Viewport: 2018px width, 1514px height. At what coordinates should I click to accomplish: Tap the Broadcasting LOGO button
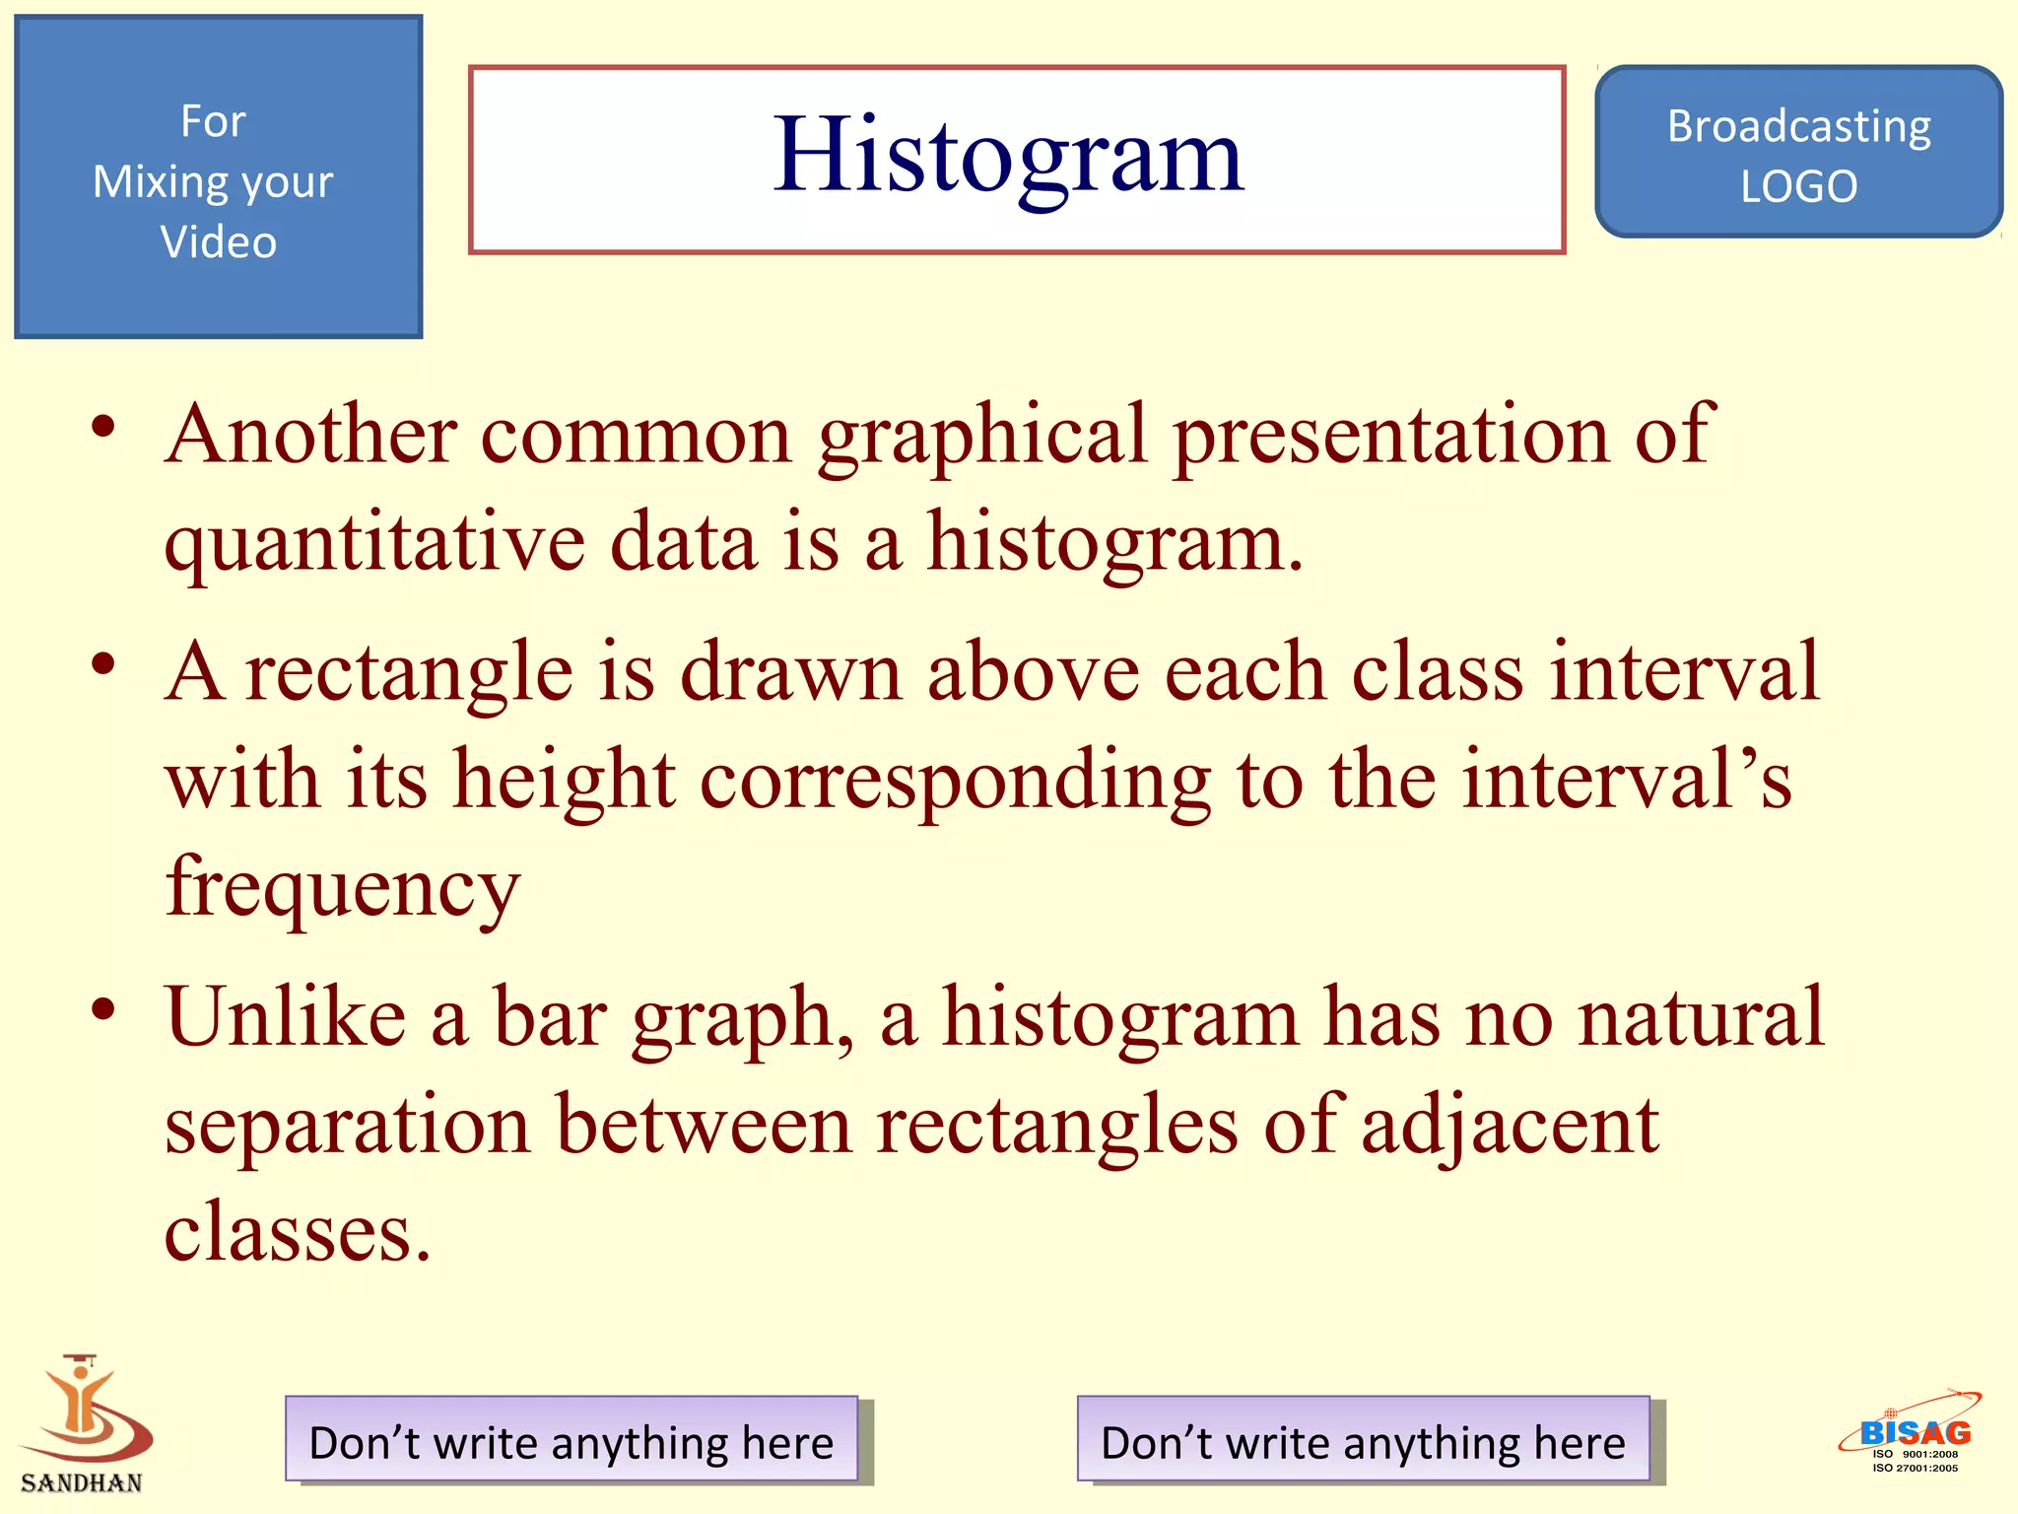1798,153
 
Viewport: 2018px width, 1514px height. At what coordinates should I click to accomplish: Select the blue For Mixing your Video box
219,177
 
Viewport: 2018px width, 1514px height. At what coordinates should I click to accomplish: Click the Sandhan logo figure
84,1410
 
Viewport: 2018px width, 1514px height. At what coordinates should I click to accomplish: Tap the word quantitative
374,544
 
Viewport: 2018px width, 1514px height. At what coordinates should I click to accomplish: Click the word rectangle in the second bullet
409,672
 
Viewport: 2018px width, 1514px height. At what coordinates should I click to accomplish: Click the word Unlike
286,1017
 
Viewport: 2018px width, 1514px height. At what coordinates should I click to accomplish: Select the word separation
347,1126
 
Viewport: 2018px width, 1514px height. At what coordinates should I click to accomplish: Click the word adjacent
1510,1126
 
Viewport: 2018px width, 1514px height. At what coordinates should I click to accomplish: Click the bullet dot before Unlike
103,1009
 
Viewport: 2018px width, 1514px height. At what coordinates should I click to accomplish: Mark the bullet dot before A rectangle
103,663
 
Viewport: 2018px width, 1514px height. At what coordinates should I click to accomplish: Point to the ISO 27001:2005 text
1915,1469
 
